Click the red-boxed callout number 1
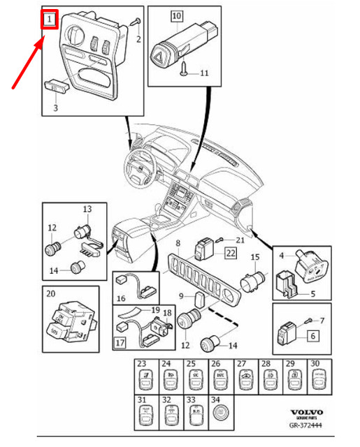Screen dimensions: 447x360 coord(49,20)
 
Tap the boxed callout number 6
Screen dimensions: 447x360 coord(312,335)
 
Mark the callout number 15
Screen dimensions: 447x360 coord(255,258)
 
